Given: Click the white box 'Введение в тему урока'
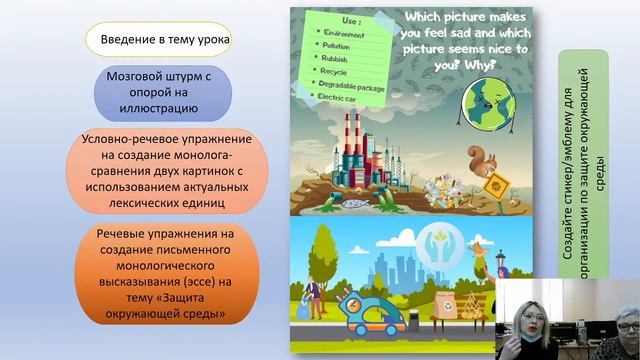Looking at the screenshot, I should (x=161, y=40).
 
